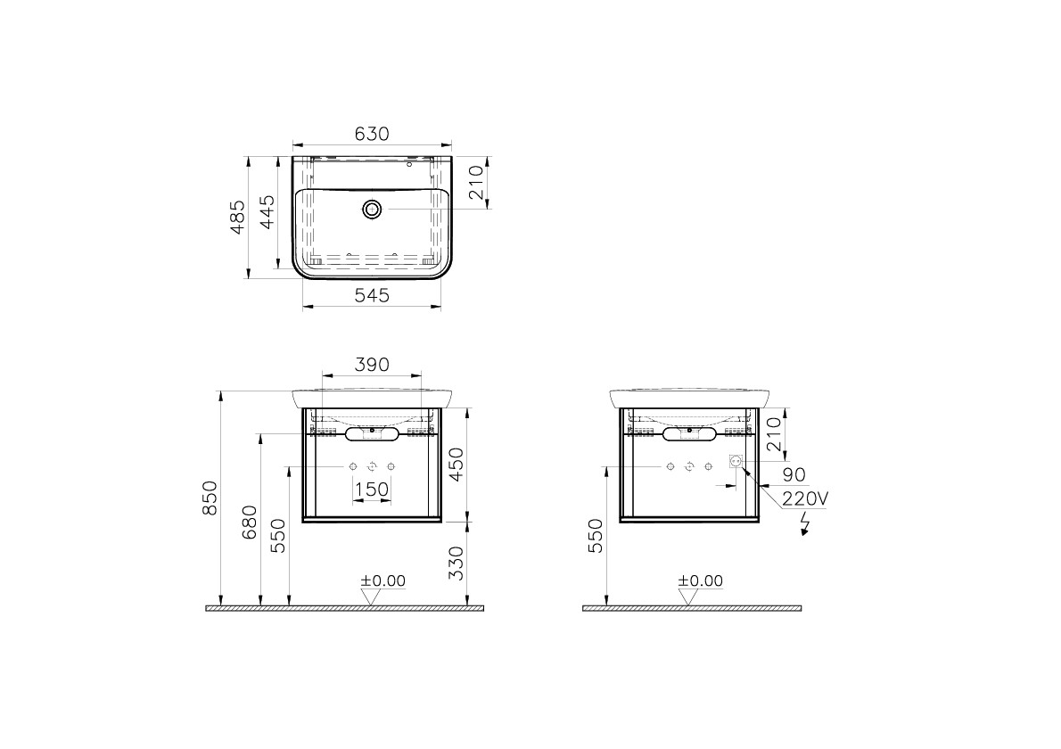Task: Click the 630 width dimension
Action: [372, 134]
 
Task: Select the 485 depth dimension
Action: [237, 218]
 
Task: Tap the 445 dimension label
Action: [267, 212]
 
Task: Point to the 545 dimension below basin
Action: [372, 296]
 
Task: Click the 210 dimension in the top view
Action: [476, 182]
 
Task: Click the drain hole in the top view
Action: [372, 209]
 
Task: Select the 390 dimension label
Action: [372, 365]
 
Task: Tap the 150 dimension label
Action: [372, 489]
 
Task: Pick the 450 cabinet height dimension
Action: [457, 465]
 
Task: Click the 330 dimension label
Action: [457, 563]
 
